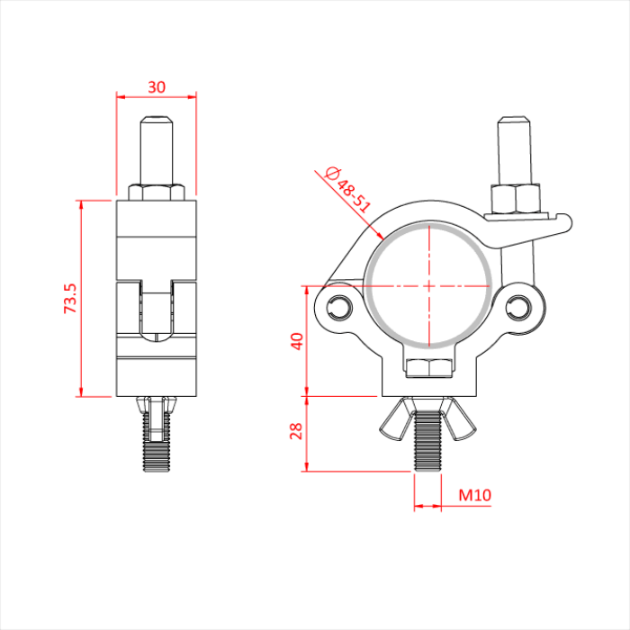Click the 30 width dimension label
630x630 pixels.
[x=157, y=86]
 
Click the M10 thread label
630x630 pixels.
[x=474, y=494]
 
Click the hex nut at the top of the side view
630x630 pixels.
[x=157, y=192]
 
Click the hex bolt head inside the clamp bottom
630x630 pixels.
[x=429, y=367]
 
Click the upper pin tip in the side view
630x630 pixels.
[x=157, y=121]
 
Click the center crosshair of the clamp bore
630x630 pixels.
[x=429, y=286]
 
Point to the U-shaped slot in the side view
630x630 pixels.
[x=157, y=310]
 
